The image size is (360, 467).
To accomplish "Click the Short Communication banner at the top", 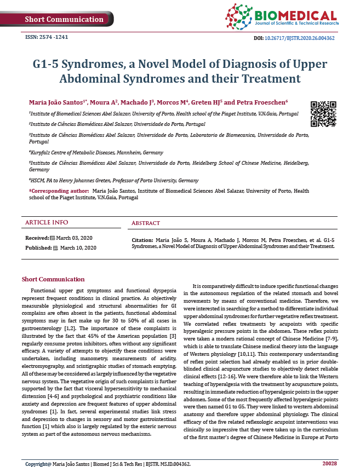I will [x=64, y=19].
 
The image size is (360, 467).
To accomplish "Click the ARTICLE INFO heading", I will [x=47, y=222].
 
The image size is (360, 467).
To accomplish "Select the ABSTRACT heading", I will [x=146, y=223].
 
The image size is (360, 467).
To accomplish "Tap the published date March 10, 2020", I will [x=78, y=248].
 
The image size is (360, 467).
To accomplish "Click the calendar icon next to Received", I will [x=53, y=238].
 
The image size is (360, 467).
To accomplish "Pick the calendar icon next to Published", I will [x=55, y=248].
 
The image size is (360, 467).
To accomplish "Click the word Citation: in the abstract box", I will [x=142, y=240].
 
